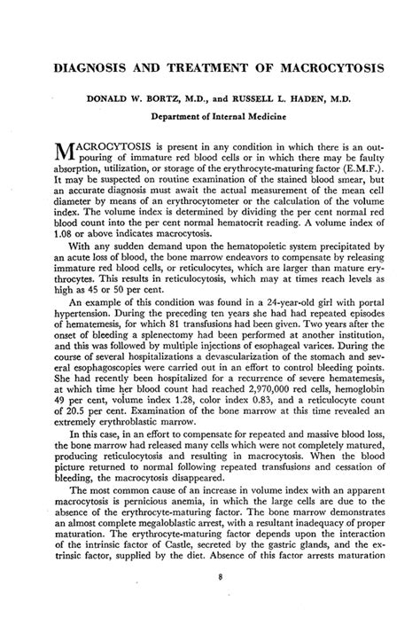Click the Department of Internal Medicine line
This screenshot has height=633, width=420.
[x=209, y=115]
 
